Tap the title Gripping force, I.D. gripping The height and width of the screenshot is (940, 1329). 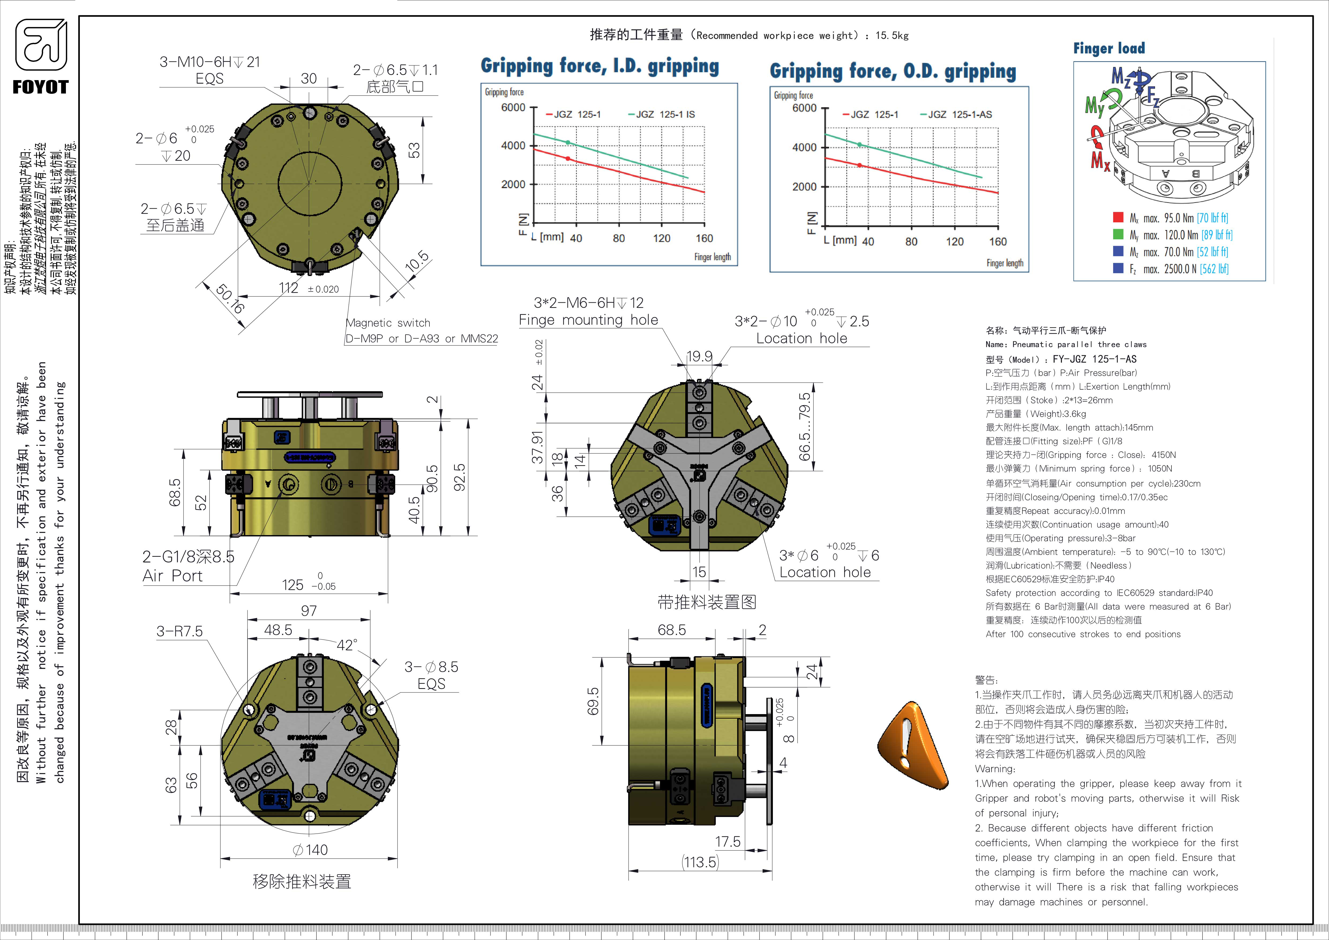click(x=600, y=66)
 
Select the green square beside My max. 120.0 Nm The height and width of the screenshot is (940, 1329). click(x=1118, y=234)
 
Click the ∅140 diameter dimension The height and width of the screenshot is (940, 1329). click(x=310, y=850)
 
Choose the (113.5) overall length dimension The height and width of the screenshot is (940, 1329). click(x=700, y=863)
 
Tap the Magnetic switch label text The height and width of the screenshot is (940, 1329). click(x=388, y=323)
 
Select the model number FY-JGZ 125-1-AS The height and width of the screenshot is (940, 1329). click(x=1094, y=359)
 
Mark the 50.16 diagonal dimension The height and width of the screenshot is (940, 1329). click(x=230, y=298)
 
